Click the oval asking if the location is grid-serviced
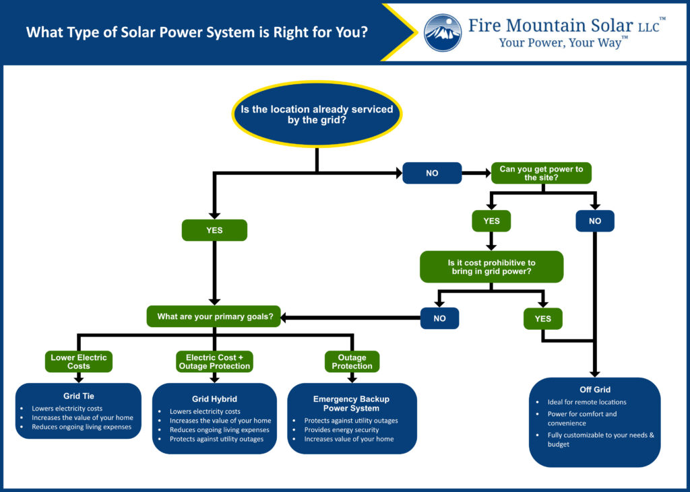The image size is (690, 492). [x=317, y=114]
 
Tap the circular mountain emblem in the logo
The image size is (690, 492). [x=443, y=32]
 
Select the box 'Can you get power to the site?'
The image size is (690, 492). [x=541, y=173]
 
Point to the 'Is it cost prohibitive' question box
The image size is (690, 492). [x=491, y=267]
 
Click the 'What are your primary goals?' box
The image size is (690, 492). [x=214, y=316]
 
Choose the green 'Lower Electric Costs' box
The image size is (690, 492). [x=78, y=361]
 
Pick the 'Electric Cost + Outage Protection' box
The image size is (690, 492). [x=214, y=361]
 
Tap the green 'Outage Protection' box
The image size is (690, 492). [x=352, y=361]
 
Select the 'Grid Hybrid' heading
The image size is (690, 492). [x=214, y=398]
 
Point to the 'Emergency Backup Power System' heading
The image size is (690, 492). [x=352, y=403]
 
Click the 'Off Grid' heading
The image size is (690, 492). [x=594, y=390]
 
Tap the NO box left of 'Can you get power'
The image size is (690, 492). [x=432, y=173]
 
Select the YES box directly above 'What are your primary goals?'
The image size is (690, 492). [x=214, y=230]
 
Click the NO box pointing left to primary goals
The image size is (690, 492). [x=439, y=318]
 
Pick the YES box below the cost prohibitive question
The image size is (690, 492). [x=542, y=318]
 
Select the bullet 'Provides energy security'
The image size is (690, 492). [x=342, y=429]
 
